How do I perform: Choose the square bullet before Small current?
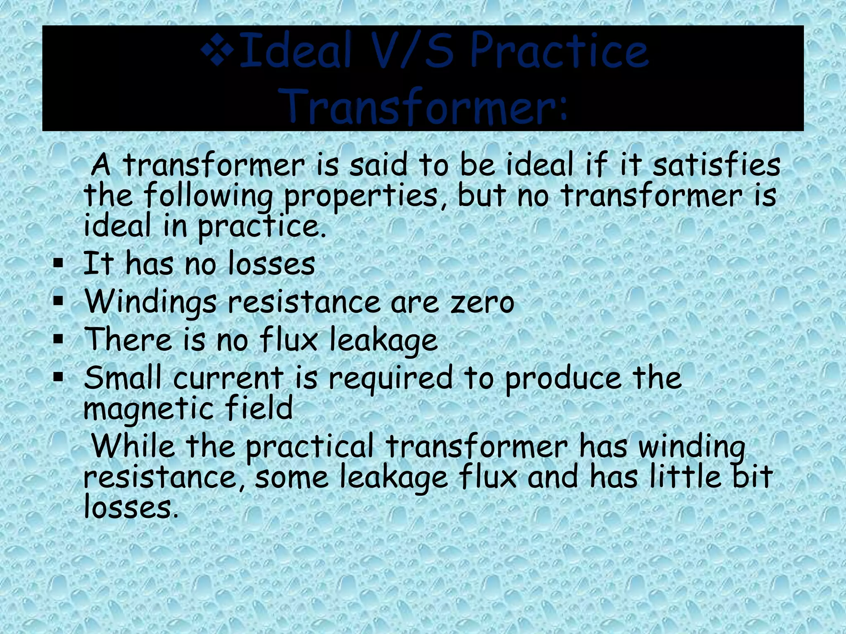pyautogui.click(x=58, y=376)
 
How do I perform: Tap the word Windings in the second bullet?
pyautogui.click(x=150, y=303)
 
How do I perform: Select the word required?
pyautogui.click(x=390, y=379)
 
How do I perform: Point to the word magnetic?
pyautogui.click(x=147, y=409)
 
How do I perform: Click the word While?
pyautogui.click(x=133, y=446)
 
